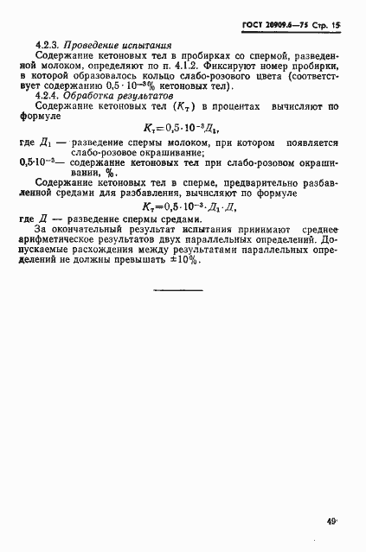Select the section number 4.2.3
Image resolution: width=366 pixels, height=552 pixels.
click(48, 44)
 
